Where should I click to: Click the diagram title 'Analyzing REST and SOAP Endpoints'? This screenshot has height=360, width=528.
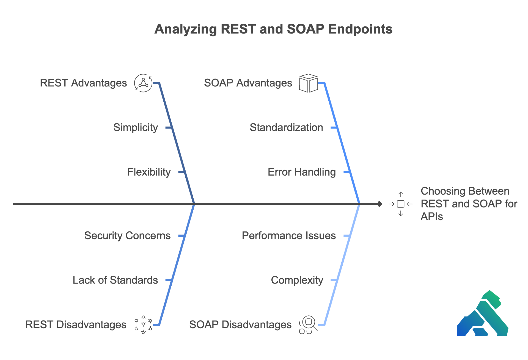273,29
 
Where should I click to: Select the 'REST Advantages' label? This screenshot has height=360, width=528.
83,83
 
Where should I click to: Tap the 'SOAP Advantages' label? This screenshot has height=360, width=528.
248,83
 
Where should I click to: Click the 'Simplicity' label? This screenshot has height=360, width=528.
136,127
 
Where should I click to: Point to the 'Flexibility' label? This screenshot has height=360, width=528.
149,172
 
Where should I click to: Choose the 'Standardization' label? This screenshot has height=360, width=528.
286,127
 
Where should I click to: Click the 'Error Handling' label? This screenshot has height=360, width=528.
302,172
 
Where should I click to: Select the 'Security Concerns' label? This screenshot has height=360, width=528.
127,236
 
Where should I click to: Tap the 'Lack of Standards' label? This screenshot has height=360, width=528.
115,280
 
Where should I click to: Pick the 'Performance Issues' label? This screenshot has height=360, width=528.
289,236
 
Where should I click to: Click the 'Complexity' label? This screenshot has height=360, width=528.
297,280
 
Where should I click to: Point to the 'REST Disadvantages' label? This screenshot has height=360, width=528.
76,325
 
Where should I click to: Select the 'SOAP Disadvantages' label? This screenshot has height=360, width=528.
240,325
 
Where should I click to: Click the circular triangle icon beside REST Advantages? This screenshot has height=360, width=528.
143,83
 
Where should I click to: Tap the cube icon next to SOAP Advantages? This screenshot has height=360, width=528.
308,83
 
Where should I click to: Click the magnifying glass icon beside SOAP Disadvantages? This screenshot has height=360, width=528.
308,324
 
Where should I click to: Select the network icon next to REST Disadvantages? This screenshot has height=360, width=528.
143,325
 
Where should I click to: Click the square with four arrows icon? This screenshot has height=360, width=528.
401,204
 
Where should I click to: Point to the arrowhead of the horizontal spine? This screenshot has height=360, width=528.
380,204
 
